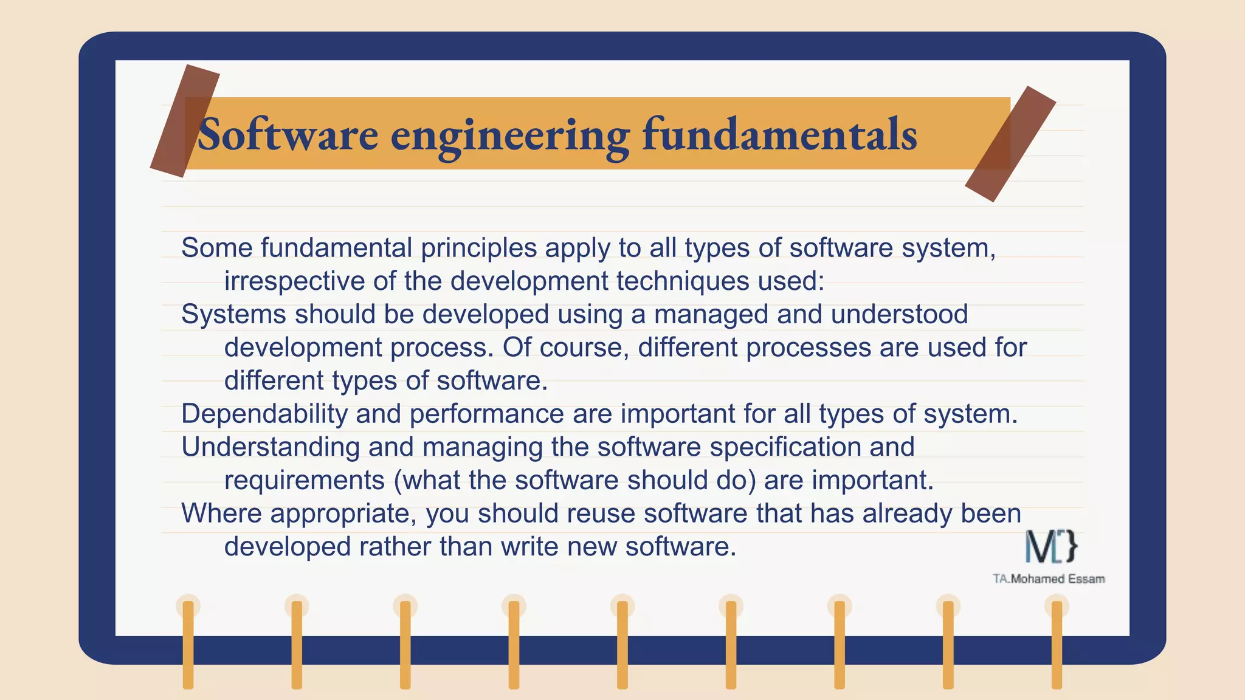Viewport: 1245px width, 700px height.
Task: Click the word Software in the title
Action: tap(288, 134)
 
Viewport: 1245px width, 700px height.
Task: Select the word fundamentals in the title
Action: tap(779, 134)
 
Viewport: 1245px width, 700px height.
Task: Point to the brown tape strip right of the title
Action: tap(1010, 143)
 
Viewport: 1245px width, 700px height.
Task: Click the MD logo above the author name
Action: tap(1051, 546)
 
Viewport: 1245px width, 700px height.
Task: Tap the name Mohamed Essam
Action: tap(1057, 579)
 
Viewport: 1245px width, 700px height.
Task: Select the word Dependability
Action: tap(264, 414)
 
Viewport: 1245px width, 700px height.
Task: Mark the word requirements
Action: tap(304, 481)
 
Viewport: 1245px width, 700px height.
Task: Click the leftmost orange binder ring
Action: tap(188, 644)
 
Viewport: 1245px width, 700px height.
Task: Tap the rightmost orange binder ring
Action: tap(1057, 644)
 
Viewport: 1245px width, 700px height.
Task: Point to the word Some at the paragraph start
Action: tap(217, 248)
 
